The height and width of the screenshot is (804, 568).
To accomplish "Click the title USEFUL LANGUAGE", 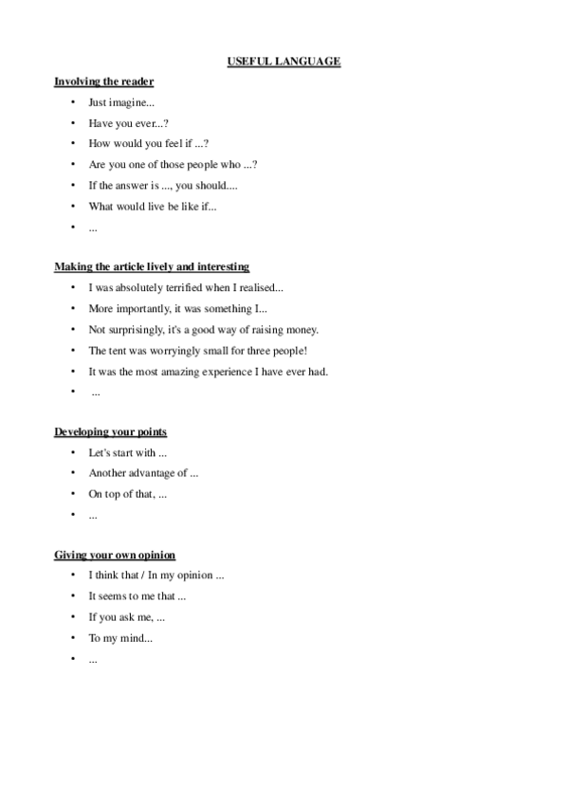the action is (284, 62).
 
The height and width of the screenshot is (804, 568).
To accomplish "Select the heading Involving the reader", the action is (103, 82).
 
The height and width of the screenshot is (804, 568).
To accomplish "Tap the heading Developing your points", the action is (110, 431).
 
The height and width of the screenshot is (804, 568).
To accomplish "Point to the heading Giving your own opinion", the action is (114, 555).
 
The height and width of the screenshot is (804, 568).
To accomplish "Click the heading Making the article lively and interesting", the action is (152, 266).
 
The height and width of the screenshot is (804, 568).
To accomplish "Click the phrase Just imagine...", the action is (120, 102).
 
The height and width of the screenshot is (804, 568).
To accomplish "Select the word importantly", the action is (145, 308).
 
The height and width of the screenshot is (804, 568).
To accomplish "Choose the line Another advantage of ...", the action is (142, 473).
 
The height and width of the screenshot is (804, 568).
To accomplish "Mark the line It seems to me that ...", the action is (137, 596).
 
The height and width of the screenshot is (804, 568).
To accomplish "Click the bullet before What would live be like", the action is (72, 206).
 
